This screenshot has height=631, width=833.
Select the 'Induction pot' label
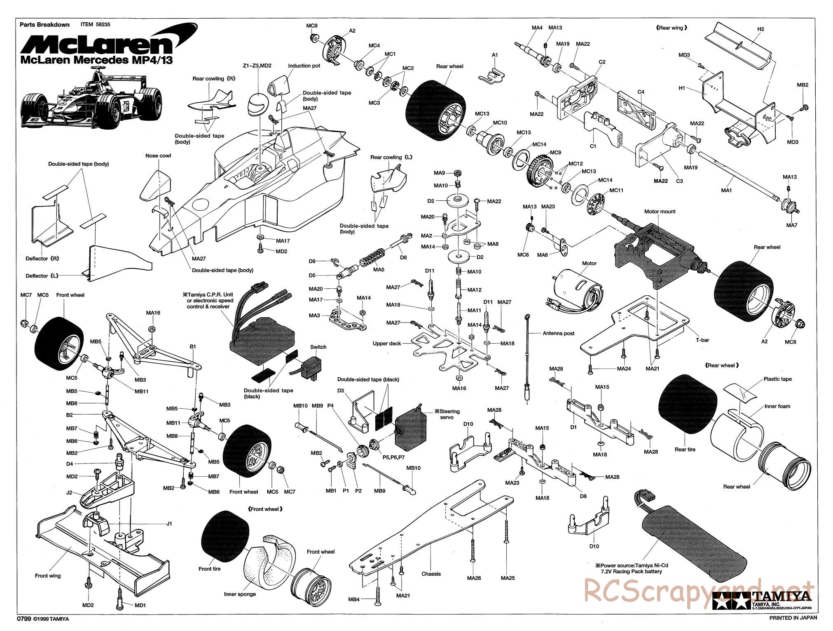[x=304, y=66]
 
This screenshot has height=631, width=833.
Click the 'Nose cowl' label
[x=158, y=156]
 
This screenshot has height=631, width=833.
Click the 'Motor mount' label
[x=660, y=212]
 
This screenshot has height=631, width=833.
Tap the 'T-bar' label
[x=702, y=340]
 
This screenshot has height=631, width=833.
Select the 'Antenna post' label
[x=558, y=333]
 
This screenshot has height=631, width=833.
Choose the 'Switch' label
[x=318, y=347]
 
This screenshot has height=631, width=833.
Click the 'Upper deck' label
[x=387, y=344]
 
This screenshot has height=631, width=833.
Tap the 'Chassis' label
[x=431, y=574]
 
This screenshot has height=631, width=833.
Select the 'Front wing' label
[x=48, y=576]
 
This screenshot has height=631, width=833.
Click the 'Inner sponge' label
[x=240, y=594]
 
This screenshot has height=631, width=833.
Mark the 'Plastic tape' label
[x=777, y=379]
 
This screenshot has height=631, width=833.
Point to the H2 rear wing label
[x=760, y=29]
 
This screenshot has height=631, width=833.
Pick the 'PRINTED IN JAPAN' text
[x=793, y=618]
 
